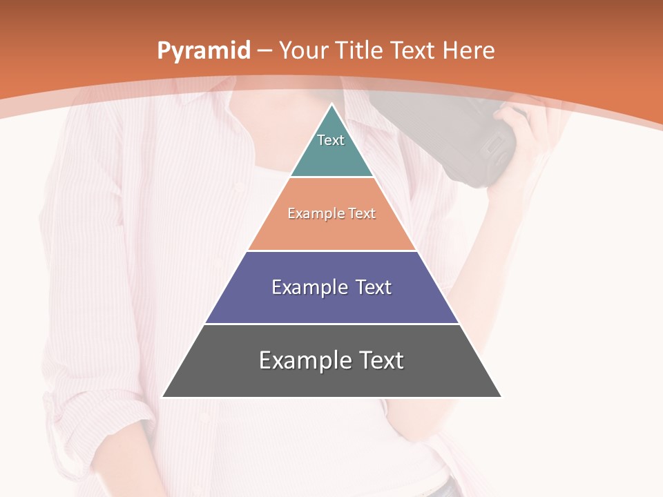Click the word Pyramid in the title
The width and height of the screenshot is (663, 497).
pos(204,51)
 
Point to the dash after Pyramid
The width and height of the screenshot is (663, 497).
pos(265,51)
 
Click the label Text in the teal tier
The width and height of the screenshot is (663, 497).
pos(331,140)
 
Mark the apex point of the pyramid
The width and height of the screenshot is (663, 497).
pos(332,105)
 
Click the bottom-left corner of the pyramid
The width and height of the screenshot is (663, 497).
pos(163,397)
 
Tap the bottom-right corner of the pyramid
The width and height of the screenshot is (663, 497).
pos(501,397)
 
